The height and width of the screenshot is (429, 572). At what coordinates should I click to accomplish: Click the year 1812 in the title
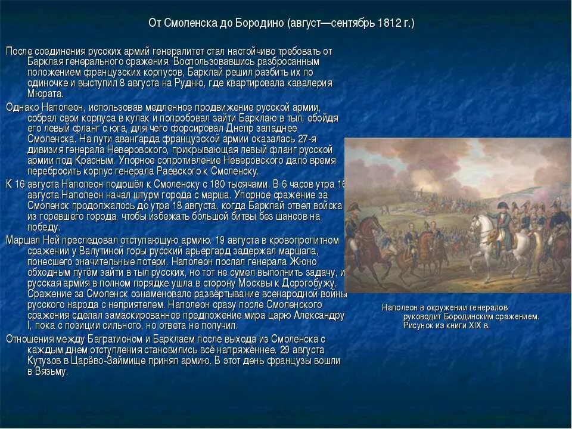[x=389, y=23]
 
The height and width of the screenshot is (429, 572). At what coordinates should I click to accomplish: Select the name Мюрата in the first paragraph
[x=45, y=94]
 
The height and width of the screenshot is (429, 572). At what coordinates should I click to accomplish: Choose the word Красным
[x=95, y=161]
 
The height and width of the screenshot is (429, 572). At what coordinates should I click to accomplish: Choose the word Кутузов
[x=43, y=360]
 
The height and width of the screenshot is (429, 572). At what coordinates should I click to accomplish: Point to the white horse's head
[x=477, y=222]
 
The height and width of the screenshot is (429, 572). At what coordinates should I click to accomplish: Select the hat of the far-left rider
[x=354, y=206]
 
